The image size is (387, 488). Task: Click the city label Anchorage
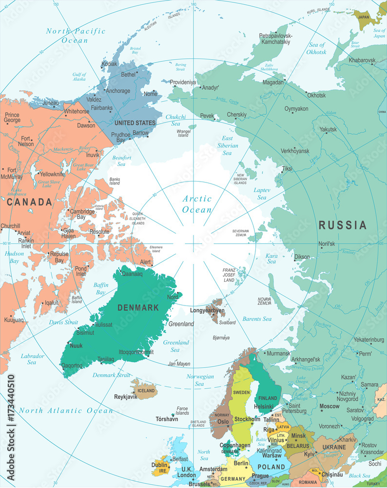[118, 91]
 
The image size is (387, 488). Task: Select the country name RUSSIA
[342, 225]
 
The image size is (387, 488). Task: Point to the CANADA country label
[29, 202]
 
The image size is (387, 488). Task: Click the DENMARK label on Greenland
[138, 307]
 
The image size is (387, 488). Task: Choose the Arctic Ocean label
[197, 204]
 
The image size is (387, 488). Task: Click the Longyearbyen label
[207, 310]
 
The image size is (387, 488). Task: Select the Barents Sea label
[257, 319]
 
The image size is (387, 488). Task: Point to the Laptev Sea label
[262, 193]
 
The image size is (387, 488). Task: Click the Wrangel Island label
[183, 133]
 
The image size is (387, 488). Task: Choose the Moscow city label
[329, 406]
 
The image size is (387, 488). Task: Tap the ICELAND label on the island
[146, 390]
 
